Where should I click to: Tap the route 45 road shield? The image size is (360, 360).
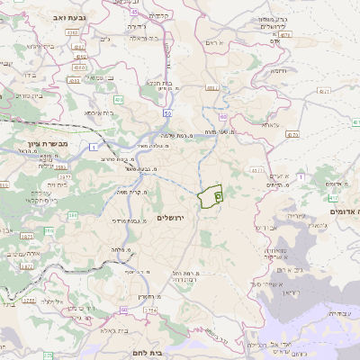click(133, 12)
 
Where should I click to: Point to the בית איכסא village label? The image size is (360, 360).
click(99, 113)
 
